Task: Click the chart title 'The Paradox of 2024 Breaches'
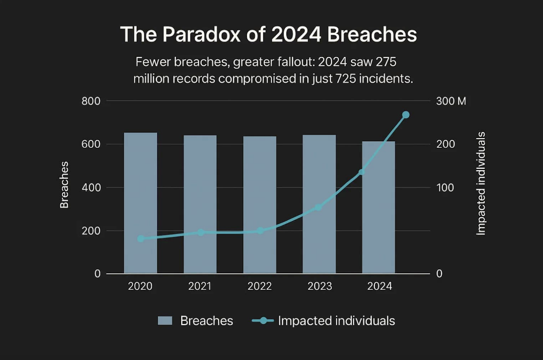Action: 268,34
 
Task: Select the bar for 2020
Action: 141,203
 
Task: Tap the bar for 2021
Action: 200,205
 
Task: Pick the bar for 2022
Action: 260,205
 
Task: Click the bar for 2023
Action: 319,204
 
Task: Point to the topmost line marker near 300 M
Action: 406,115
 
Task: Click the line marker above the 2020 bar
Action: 141,239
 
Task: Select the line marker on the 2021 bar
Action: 201,233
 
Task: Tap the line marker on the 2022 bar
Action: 260,231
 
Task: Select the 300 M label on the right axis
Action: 451,101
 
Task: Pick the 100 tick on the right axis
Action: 445,188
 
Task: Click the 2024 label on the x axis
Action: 379,286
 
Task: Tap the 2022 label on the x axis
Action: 260,286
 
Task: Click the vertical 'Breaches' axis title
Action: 64,185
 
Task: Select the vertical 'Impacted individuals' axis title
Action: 481,183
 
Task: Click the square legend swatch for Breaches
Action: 165,321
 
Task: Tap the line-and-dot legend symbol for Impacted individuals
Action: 263,321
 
